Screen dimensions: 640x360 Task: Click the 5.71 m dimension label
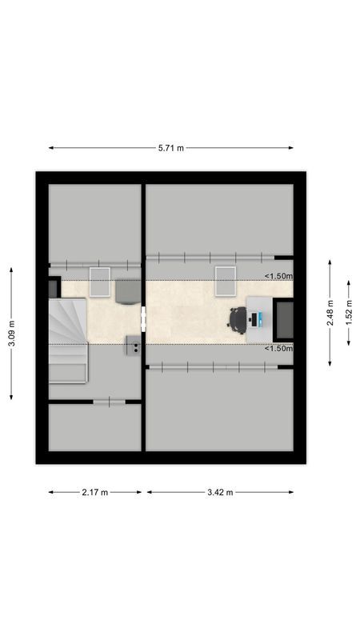coord(170,148)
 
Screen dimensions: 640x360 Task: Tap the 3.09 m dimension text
coord(11,333)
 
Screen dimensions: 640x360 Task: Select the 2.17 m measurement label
coord(94,492)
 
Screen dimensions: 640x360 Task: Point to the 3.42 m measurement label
coord(218,492)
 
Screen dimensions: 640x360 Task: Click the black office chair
coord(238,318)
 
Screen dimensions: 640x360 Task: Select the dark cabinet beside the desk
coord(283,318)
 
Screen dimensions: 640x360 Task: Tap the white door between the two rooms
coord(144,318)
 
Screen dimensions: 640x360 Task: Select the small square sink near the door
coord(133,346)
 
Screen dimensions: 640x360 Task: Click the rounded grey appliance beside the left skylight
coord(126,291)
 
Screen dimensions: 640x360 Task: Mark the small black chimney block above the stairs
coord(54,288)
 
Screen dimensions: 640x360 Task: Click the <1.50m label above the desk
coord(279,277)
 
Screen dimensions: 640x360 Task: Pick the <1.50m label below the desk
coord(279,348)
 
